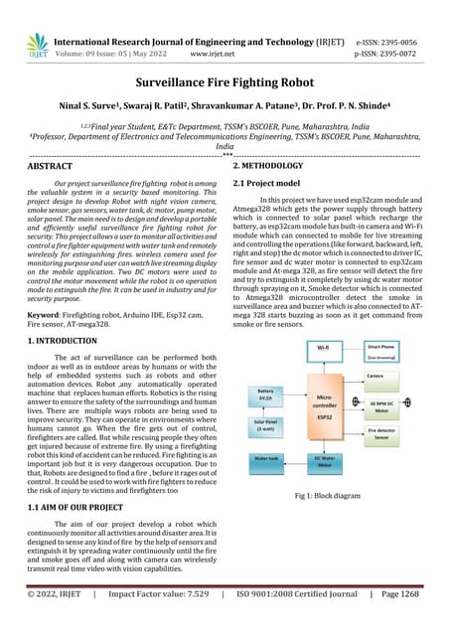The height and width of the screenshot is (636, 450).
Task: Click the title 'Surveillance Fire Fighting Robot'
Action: tap(225, 86)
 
